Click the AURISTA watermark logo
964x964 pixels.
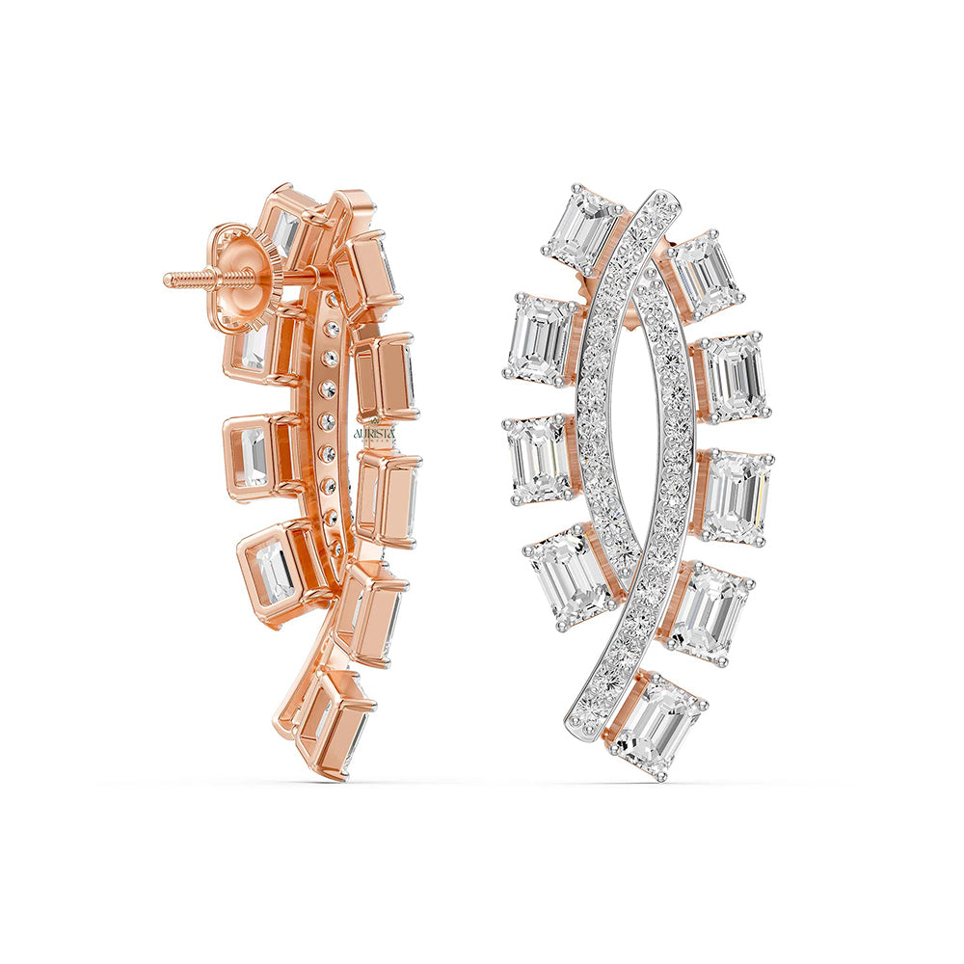[x=375, y=435]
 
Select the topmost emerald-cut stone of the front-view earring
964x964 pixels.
[x=582, y=228]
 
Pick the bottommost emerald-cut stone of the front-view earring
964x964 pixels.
[x=656, y=726]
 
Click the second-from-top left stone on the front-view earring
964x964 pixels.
[x=540, y=336]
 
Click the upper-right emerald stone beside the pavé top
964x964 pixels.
[x=705, y=276]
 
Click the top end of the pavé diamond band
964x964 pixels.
[x=664, y=205]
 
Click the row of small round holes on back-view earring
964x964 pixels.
[x=329, y=424]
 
